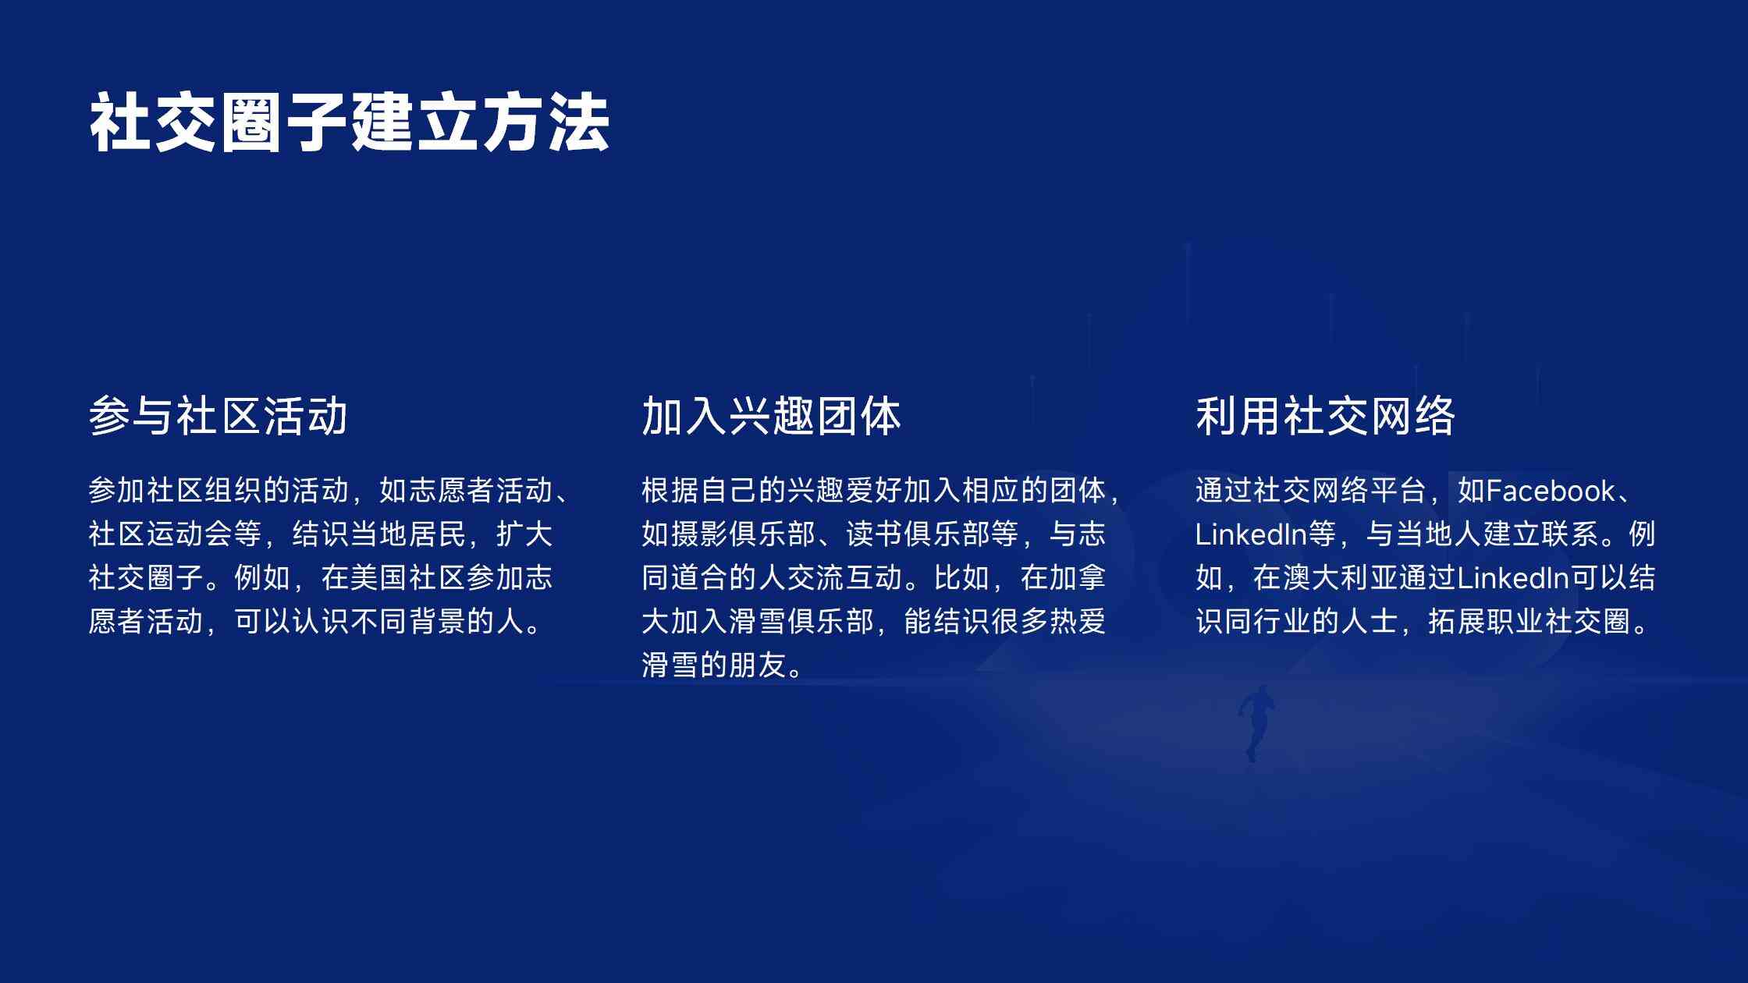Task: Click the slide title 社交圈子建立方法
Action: pyautogui.click(x=350, y=122)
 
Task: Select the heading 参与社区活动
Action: pyautogui.click(x=218, y=415)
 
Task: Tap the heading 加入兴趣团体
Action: pyautogui.click(x=771, y=415)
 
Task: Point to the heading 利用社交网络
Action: pyautogui.click(x=1325, y=415)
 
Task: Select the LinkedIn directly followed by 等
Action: pyautogui.click(x=1251, y=534)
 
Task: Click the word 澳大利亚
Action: pyautogui.click(x=1340, y=578)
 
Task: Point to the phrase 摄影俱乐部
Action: pyautogui.click(x=743, y=534)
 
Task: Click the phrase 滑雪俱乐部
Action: pyautogui.click(x=801, y=622)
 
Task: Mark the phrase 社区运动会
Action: pyautogui.click(x=160, y=534)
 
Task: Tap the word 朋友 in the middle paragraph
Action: pyautogui.click(x=758, y=665)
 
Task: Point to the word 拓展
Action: pyautogui.click(x=1456, y=622)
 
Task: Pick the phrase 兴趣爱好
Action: pyautogui.click(x=844, y=491)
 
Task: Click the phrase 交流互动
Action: pyautogui.click(x=844, y=578)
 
